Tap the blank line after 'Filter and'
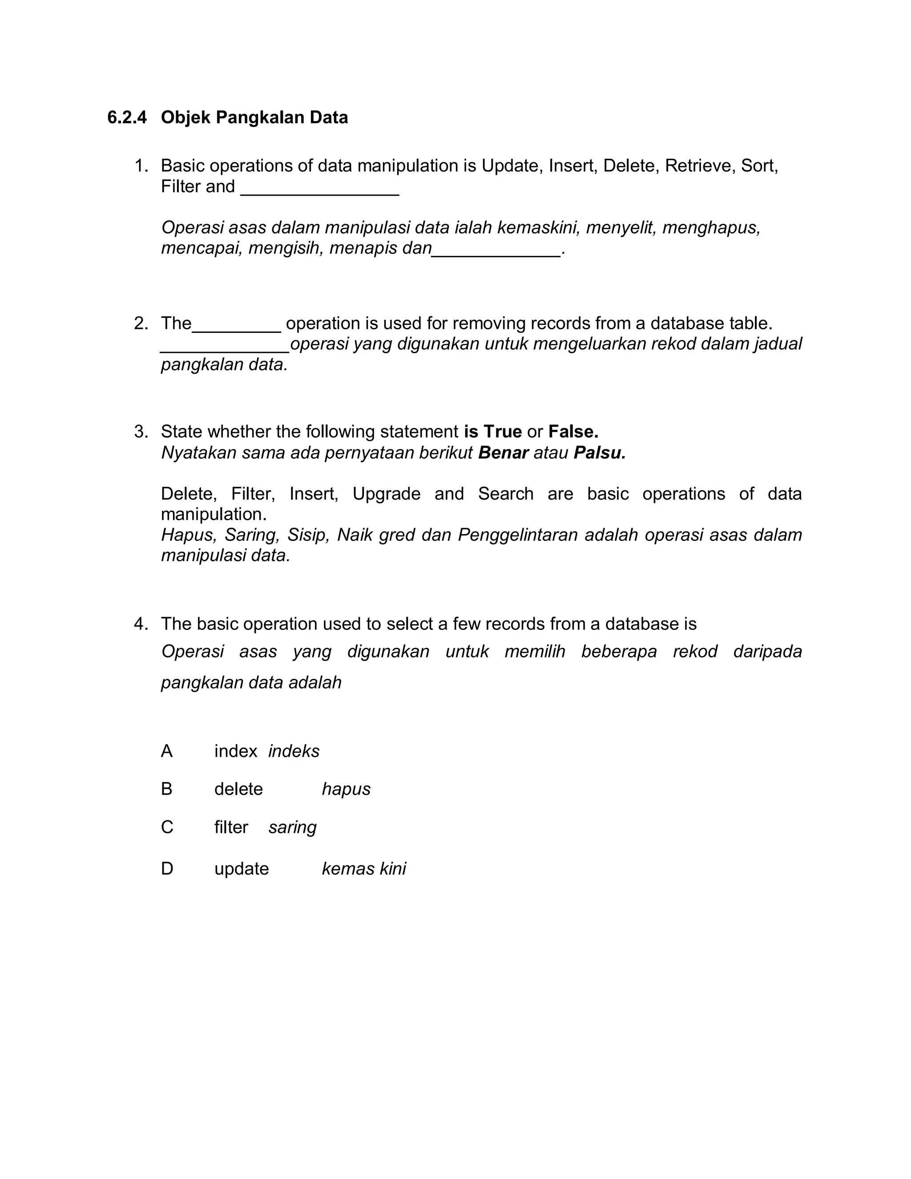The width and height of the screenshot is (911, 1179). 319,189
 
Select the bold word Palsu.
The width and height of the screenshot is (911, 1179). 600,452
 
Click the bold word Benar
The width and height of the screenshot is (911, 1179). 503,452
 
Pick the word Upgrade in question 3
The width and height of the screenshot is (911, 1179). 387,493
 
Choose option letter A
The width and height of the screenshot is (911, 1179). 167,751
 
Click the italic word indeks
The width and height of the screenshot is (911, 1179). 294,751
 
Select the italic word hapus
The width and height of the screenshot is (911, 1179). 346,789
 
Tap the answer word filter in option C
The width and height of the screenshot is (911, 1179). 231,827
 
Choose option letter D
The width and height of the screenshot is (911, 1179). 167,868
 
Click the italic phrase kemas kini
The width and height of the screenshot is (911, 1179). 364,868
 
